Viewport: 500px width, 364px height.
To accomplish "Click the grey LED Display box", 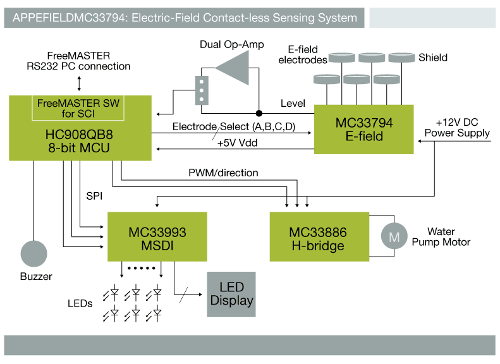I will point(231,294).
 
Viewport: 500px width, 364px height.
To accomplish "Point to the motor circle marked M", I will point(394,237).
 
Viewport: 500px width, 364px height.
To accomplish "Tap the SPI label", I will point(94,197).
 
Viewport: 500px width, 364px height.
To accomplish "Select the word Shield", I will point(433,58).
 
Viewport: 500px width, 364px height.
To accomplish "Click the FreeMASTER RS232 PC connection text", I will point(78,61).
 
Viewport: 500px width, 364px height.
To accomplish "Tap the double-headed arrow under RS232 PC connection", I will point(79,83).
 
